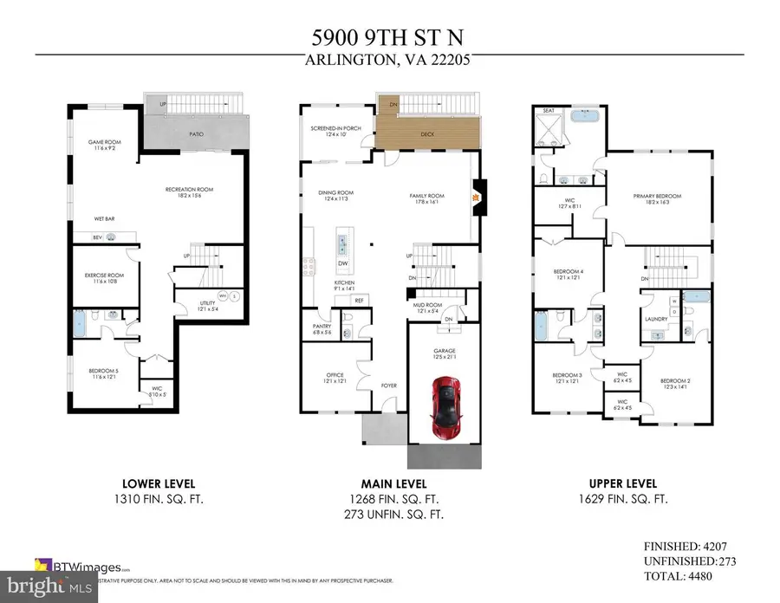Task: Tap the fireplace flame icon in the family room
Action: pos(473,197)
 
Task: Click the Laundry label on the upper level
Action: pos(654,319)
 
